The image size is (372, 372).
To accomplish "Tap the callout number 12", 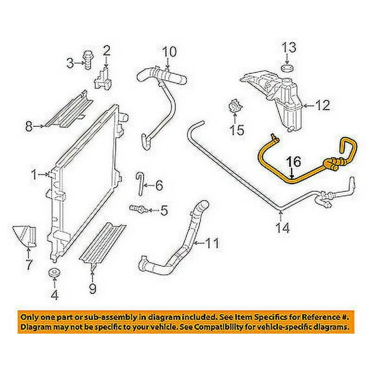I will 323,104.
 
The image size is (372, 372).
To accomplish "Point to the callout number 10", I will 168,51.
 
